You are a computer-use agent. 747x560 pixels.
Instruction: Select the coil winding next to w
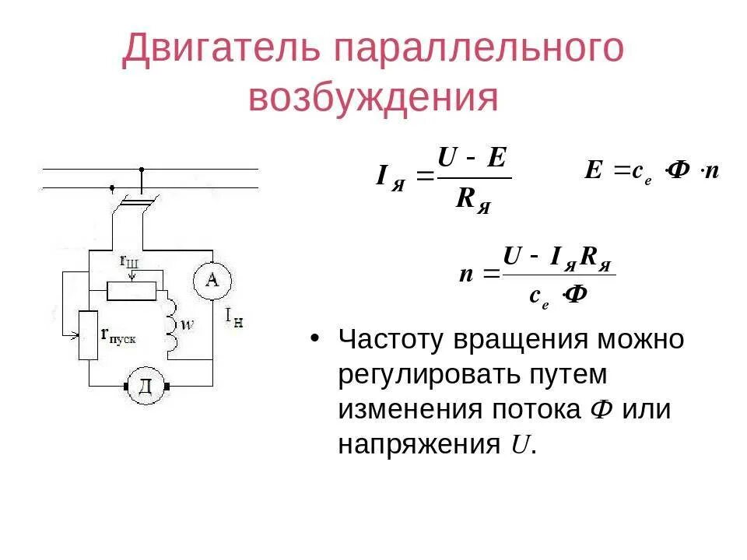click(170, 322)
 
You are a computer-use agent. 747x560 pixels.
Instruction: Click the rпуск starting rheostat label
click(118, 335)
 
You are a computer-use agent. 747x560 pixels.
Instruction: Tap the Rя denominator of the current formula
click(472, 200)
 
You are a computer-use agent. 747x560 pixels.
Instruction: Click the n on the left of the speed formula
click(467, 274)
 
